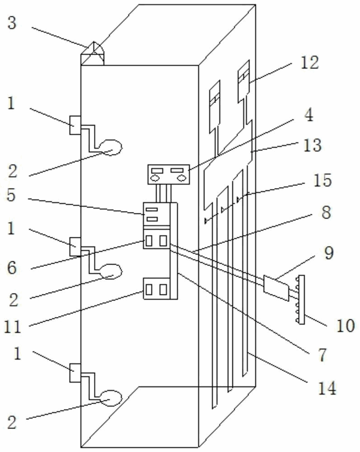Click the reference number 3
pos(12,23)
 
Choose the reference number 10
pos(345,326)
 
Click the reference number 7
pos(322,355)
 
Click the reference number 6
pos(12,268)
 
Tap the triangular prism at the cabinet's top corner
pos(92,54)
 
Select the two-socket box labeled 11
pos(158,288)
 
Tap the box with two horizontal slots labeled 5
pos(154,214)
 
